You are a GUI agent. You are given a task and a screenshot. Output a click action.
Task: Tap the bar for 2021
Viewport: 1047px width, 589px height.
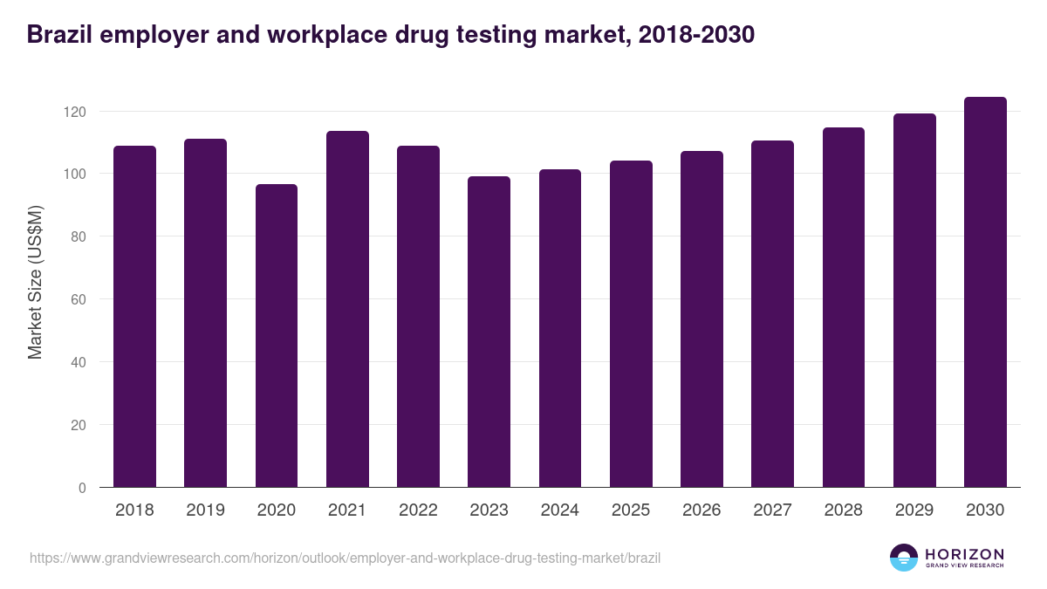347,309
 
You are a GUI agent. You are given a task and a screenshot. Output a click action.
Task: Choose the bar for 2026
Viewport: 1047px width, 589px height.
701,319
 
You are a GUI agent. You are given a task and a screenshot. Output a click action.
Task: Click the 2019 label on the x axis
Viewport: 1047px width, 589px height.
205,510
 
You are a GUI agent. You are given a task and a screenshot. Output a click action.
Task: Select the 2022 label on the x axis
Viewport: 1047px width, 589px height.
418,510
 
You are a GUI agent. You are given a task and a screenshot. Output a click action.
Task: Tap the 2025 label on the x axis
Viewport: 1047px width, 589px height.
631,510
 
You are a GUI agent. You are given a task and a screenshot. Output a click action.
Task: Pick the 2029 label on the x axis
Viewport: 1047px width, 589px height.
914,510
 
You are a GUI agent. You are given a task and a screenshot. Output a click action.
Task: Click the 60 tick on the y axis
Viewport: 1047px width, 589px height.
79,299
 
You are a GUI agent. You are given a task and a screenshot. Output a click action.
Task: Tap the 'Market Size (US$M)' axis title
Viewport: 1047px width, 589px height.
35,282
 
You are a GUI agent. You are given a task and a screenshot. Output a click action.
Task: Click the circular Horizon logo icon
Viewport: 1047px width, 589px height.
904,558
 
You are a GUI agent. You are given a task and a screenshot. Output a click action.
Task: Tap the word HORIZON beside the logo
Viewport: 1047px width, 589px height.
964,554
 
